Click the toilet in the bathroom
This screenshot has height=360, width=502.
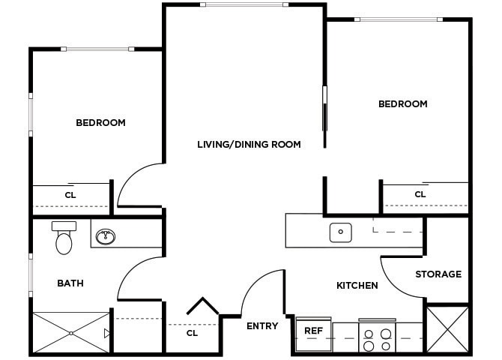point(64,239)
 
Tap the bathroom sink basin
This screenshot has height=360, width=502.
point(105,237)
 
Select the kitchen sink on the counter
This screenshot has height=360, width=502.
point(340,232)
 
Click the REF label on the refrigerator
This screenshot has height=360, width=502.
point(312,330)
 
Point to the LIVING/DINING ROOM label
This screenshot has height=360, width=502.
point(249,144)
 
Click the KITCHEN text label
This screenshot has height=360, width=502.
point(357,286)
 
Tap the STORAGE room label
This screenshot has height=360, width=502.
point(438,274)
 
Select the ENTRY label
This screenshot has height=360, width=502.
point(262,326)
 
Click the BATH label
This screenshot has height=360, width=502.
point(70,283)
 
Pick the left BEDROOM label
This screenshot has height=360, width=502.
point(100,122)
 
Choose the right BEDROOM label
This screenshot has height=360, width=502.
point(402,104)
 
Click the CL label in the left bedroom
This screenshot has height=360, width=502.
point(70,195)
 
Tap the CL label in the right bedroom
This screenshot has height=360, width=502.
point(420,194)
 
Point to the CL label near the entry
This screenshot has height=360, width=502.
point(192,333)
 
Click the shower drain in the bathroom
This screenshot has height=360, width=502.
point(70,331)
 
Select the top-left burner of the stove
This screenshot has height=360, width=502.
point(368,334)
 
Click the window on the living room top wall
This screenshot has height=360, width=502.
point(244,4)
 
